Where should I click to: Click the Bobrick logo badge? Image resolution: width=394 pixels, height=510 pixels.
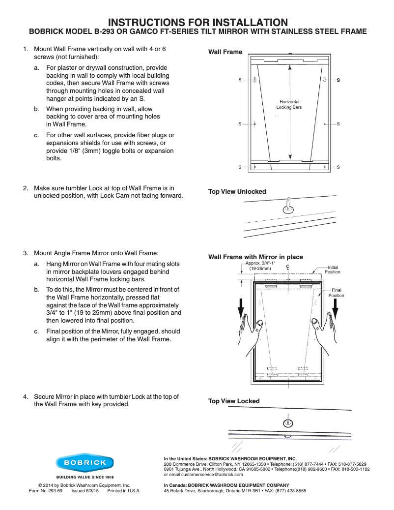coord(84,463)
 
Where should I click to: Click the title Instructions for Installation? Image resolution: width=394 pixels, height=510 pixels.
coord(197,22)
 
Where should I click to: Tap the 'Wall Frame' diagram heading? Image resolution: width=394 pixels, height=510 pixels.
coord(225,52)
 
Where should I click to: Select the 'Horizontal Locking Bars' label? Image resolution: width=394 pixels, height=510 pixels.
coord(289,104)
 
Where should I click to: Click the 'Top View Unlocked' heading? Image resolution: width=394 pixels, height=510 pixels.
coord(237,191)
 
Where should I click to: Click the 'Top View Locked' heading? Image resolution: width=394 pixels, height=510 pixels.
coord(234,401)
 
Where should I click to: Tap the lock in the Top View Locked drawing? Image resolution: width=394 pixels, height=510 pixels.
coord(288,422)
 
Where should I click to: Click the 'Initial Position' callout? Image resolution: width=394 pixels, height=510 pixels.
coord(333,270)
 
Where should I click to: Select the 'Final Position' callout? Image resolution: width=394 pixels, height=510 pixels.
coord(337,293)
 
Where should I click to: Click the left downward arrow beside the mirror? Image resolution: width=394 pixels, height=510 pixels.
coord(241,307)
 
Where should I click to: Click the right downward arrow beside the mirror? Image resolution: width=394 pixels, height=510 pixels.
coord(336,307)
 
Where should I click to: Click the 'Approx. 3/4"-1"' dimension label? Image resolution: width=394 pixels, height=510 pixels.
coord(260,266)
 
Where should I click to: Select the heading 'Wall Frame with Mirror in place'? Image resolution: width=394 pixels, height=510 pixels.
coord(255,257)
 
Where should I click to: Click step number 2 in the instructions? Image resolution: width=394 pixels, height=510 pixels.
coord(25,188)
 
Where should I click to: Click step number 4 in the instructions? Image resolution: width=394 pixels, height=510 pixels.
coord(25,396)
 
